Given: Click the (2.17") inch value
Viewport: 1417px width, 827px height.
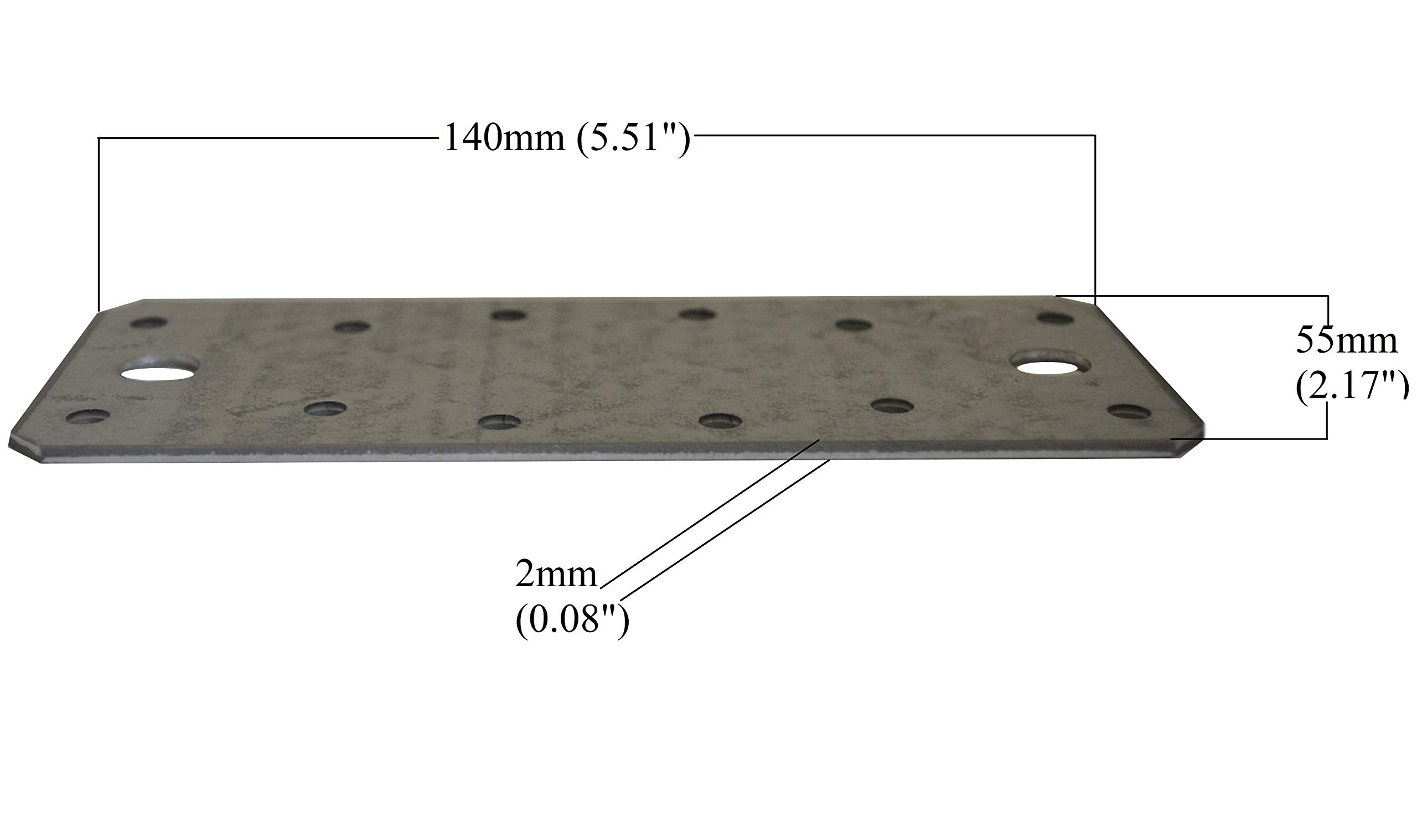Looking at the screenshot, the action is coord(1352,387).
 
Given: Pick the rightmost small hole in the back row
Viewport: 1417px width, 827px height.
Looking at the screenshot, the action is coord(1055,318).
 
